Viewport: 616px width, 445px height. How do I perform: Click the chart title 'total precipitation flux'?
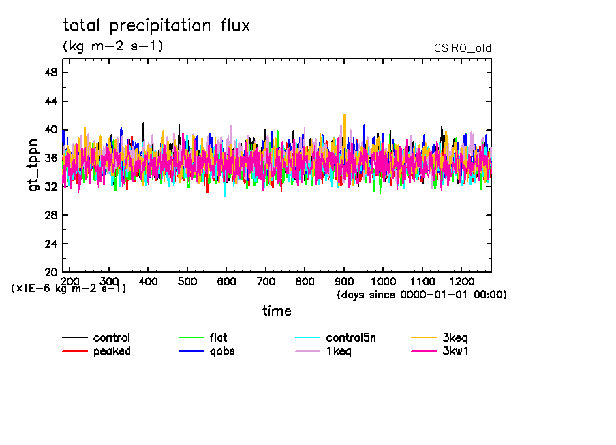click(156, 26)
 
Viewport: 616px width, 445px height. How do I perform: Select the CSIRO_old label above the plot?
click(462, 48)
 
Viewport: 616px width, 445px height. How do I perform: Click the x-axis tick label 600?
click(226, 282)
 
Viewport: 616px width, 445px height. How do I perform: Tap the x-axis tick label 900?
click(344, 282)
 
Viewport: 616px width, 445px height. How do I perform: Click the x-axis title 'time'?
click(277, 311)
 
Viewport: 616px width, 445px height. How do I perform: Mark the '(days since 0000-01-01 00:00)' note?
click(422, 295)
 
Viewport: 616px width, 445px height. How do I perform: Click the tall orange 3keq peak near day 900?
click(345, 116)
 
